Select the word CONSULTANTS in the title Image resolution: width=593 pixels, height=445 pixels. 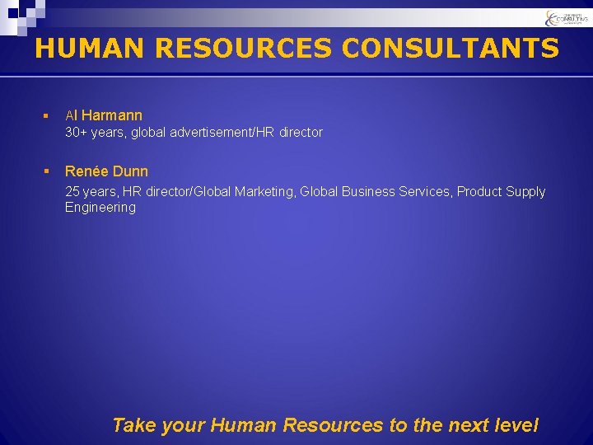click(x=451, y=49)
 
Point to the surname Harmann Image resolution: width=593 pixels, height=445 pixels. click(x=112, y=115)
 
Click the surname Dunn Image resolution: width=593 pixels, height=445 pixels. click(x=130, y=171)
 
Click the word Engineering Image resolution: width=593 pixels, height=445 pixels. click(x=100, y=208)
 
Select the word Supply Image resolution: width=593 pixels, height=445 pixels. click(x=525, y=191)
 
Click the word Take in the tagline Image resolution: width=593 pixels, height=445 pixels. click(x=134, y=425)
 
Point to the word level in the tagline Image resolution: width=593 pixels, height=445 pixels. click(x=516, y=425)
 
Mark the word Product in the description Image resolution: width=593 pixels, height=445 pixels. click(x=479, y=191)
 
